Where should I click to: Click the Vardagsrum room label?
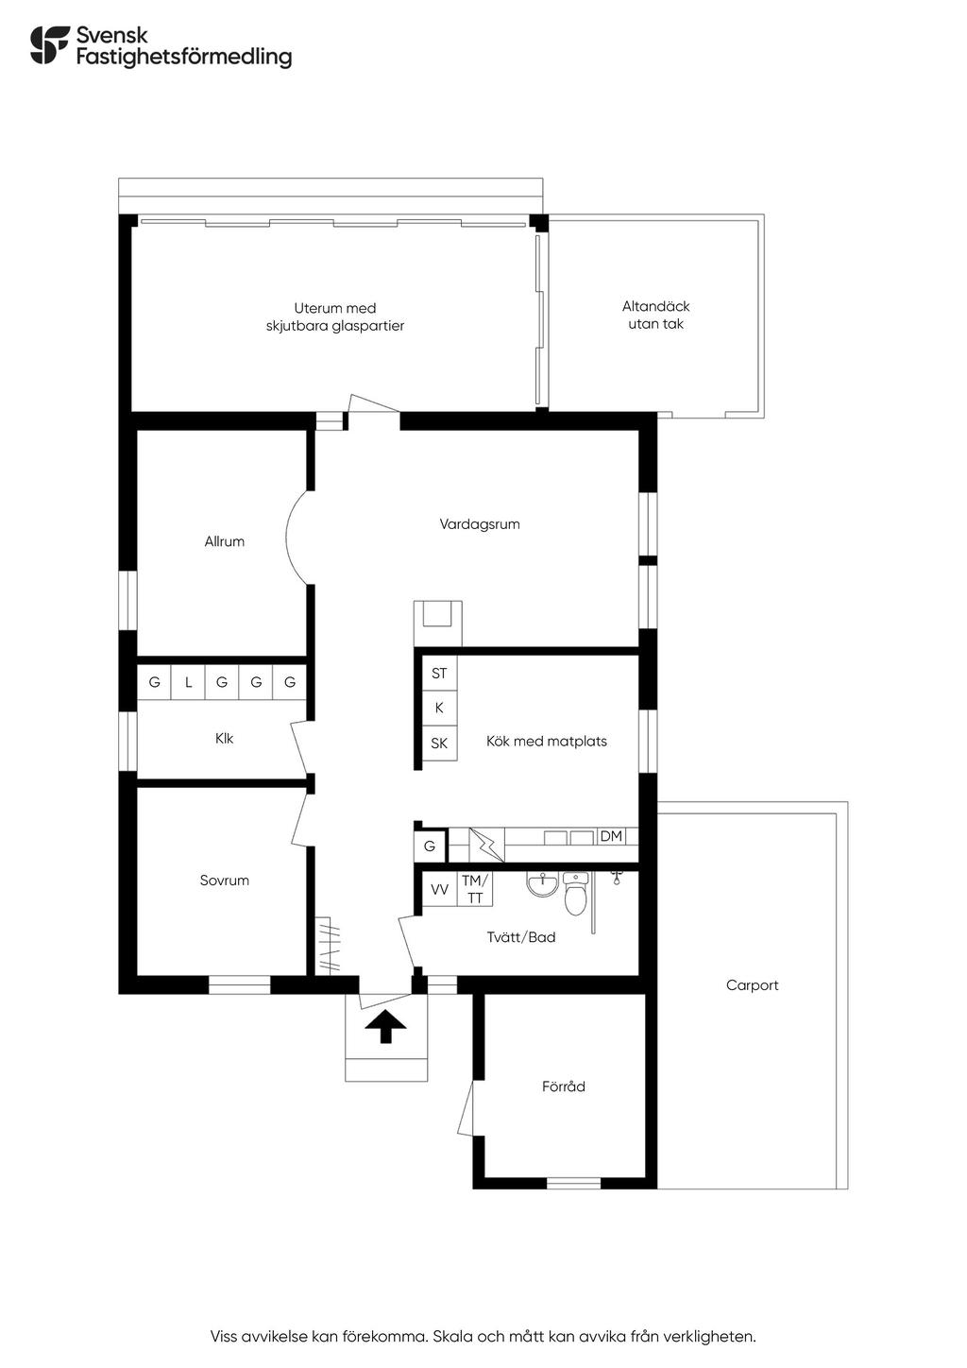[x=479, y=524]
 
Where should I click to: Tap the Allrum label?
[x=224, y=541]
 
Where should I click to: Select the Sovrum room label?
[x=224, y=881]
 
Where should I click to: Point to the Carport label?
[x=752, y=985]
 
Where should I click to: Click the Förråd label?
[x=564, y=1086]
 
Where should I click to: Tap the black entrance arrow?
[x=386, y=1027]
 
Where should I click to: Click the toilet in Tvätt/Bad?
[x=575, y=894]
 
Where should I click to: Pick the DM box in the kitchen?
[x=611, y=836]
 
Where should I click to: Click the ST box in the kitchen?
[x=439, y=673]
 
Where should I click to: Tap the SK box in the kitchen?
[x=439, y=744]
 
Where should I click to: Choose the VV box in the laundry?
[x=439, y=889]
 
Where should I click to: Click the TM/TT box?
[x=474, y=889]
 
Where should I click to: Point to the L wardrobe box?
[x=188, y=682]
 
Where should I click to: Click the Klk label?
[x=224, y=739]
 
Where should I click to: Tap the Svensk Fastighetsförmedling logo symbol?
[x=50, y=44]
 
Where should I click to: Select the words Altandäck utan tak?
[x=655, y=316]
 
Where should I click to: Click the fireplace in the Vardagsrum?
[x=438, y=623]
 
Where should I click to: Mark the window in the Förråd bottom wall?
[x=573, y=1182]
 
